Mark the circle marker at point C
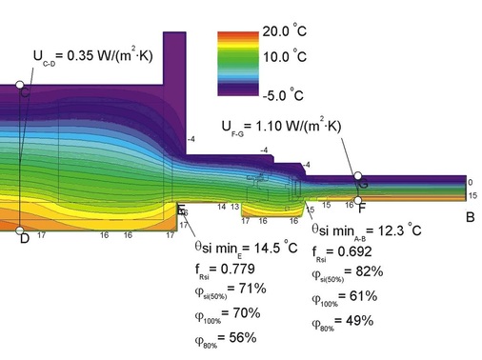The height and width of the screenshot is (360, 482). [x=22, y=87]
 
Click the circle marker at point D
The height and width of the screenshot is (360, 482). [x=22, y=230]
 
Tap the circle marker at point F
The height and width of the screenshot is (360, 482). [x=359, y=200]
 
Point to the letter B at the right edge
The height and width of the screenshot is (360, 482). [x=469, y=217]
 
